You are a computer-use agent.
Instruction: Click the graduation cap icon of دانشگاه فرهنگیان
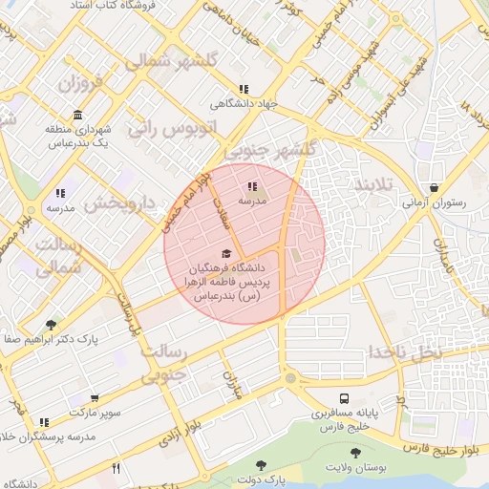point(225,253)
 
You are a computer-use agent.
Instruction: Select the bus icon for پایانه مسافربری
point(343,398)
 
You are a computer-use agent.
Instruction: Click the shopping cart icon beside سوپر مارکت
point(95,398)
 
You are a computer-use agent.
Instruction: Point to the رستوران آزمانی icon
point(435,188)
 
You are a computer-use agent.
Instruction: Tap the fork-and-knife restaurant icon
point(117,468)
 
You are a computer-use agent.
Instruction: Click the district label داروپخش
point(118,203)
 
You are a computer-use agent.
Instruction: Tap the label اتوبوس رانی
point(174,127)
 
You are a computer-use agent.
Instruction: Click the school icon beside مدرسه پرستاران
point(44,421)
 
